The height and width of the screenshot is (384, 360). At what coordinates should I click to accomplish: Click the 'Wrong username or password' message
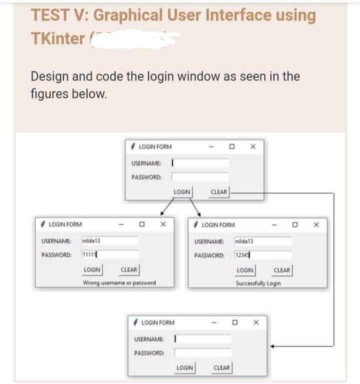(119, 283)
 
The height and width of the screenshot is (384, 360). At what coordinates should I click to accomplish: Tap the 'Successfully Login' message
(258, 283)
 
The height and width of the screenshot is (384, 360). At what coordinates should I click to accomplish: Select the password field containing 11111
(109, 254)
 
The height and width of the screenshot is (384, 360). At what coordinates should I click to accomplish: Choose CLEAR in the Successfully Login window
(282, 270)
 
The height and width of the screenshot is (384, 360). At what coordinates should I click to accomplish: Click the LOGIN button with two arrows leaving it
(182, 192)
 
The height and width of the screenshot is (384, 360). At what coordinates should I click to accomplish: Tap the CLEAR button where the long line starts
(219, 192)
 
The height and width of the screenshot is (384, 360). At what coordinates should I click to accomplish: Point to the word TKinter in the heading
(57, 38)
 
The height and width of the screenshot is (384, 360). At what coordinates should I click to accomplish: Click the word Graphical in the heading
(127, 15)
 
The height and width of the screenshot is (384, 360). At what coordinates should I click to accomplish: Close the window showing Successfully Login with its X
(316, 225)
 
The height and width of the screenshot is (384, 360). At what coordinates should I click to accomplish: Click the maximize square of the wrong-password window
(142, 225)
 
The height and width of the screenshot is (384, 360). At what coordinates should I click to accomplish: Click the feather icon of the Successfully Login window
(196, 224)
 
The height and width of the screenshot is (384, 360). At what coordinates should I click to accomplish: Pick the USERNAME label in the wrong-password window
(55, 241)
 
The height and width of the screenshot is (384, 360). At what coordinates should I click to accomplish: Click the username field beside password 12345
(263, 241)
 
